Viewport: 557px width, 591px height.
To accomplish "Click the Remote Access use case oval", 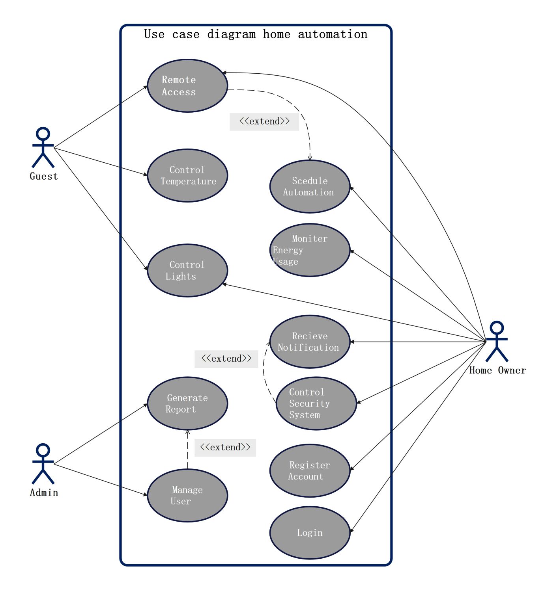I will click(187, 86).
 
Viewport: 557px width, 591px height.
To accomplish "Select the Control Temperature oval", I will click(187, 176).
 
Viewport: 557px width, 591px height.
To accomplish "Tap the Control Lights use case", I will click(187, 270).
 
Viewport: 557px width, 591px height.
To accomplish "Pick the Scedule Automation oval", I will click(310, 187).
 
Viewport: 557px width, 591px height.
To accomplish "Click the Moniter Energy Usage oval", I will click(310, 250).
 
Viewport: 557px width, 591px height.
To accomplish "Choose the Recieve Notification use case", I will click(310, 342).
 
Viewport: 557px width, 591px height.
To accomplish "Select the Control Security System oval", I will click(316, 403).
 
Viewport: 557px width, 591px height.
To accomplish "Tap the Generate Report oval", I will click(187, 403).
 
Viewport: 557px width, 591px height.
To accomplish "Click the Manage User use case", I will click(187, 495).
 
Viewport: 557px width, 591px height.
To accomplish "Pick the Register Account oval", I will click(310, 471).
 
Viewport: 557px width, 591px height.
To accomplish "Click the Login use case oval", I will click(310, 533).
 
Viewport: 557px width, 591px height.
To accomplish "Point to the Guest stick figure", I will click(43, 147).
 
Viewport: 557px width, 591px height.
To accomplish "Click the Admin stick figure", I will click(43, 464).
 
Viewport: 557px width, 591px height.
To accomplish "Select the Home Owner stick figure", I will click(497, 342).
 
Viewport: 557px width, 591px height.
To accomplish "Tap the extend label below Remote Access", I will click(264, 121).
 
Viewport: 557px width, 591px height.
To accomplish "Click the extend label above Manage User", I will click(225, 448).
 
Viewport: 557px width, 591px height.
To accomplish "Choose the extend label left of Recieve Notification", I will click(226, 359).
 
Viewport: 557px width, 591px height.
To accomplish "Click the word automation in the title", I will click(333, 34).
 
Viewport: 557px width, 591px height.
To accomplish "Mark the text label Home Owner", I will click(497, 370).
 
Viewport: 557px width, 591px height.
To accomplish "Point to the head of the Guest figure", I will click(43, 133).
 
